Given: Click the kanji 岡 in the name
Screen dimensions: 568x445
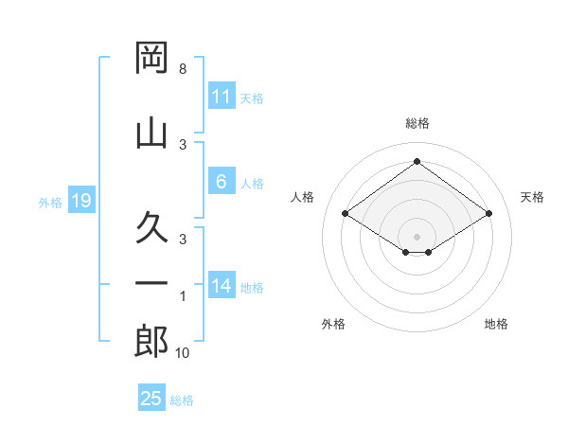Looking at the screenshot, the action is (151, 58).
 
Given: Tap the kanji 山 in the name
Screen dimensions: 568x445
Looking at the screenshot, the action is (151, 133).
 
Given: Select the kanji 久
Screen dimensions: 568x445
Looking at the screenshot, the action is (151, 227).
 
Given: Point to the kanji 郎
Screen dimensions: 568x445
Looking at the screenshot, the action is (151, 342).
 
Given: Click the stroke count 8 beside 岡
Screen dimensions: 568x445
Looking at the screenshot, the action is (183, 69).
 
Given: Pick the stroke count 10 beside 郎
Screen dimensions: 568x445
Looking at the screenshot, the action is (182, 353).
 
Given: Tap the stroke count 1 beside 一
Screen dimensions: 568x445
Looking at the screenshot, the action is (183, 296).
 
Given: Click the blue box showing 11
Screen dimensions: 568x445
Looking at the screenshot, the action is (222, 96).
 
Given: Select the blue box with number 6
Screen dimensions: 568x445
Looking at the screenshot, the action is (222, 181).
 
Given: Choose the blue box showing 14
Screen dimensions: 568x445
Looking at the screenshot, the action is (222, 284).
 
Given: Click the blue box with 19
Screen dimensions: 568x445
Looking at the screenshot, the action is (81, 200).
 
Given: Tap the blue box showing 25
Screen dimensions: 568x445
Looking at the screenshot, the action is (151, 397).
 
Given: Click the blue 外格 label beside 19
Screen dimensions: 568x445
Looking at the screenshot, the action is (50, 203).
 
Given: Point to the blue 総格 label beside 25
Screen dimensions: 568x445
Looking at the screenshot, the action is (182, 400).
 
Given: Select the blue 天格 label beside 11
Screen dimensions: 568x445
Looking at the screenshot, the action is (252, 98).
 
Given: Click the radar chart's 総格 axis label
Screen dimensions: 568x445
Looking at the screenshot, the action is (417, 123).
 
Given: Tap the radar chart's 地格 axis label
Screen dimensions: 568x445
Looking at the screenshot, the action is (496, 324).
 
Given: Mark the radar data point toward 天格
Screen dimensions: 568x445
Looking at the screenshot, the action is (488, 213).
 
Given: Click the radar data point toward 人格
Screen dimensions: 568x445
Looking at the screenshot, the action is (346, 213).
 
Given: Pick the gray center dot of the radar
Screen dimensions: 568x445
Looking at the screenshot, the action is (417, 237).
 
